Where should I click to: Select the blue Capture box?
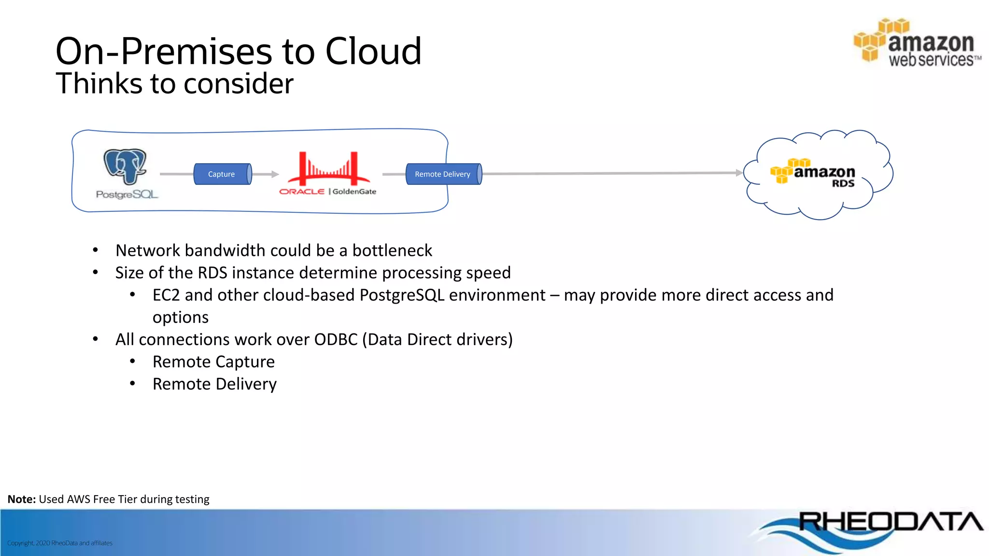222,174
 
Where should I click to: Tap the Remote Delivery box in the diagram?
443,174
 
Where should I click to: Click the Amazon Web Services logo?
917,43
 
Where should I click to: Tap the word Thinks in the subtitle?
99,83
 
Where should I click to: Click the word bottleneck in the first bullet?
392,250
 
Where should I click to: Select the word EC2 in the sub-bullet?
166,295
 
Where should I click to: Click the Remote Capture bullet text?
213,361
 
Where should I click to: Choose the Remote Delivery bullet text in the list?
214,384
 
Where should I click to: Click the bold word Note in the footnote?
21,499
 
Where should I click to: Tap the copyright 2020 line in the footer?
60,543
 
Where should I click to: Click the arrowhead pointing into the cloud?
739,173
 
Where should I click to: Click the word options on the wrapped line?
181,318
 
